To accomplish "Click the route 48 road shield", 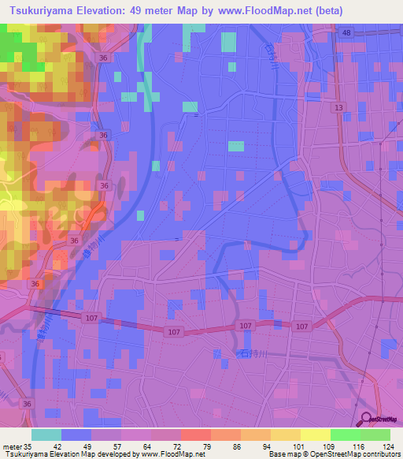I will pos(348,32).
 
